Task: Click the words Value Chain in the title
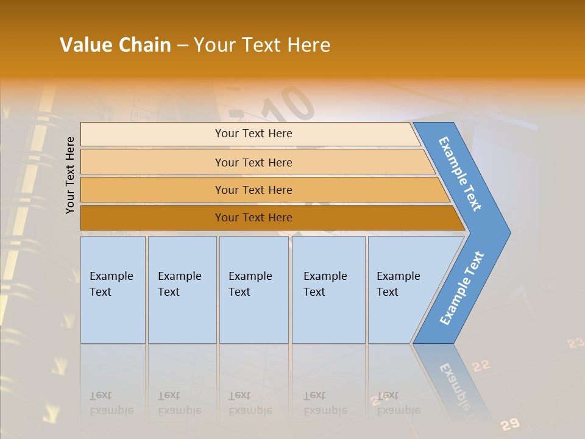coord(115,45)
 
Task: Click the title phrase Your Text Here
coord(262,45)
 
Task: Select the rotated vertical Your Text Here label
coord(70,176)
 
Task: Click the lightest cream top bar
coord(253,134)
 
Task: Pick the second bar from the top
coord(253,162)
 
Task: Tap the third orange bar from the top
coord(253,190)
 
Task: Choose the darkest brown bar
coord(253,218)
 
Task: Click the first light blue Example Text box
coord(113,290)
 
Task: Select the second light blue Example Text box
coord(182,290)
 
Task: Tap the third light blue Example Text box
coord(253,290)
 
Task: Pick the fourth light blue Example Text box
coord(328,290)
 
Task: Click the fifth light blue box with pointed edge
coord(405,290)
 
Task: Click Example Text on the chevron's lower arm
coord(461,288)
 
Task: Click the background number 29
coord(511,424)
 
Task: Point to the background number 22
coord(481,365)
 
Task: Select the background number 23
coord(575,343)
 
